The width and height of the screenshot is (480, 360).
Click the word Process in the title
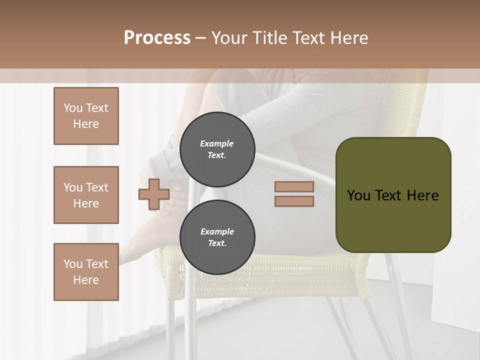click(x=157, y=38)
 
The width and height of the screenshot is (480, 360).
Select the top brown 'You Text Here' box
click(x=86, y=116)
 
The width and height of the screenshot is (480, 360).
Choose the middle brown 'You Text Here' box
click(x=86, y=195)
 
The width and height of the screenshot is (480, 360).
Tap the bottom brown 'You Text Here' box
click(x=86, y=272)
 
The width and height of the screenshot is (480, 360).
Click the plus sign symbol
click(x=154, y=194)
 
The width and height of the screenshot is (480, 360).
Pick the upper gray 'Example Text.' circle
click(x=217, y=149)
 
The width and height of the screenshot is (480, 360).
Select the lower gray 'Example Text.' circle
click(x=217, y=237)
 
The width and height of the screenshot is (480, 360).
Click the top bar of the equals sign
click(x=294, y=187)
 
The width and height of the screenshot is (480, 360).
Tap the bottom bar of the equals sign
click(x=294, y=201)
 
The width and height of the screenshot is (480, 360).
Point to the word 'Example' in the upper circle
click(x=217, y=143)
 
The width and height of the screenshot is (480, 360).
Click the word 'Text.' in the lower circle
click(x=217, y=243)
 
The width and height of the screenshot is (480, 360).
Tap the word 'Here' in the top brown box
click(x=86, y=124)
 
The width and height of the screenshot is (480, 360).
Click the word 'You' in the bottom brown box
click(x=73, y=264)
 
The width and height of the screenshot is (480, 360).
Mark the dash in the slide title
click(x=201, y=38)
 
